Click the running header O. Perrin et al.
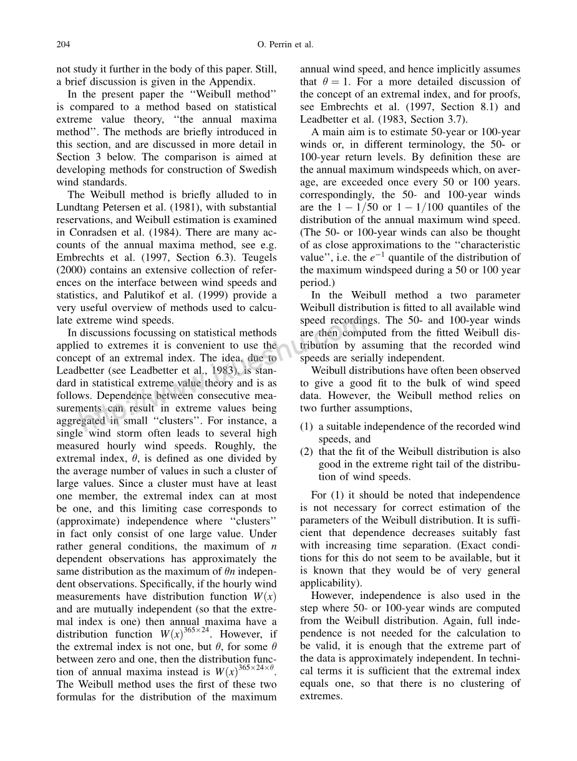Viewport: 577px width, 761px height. (285, 44)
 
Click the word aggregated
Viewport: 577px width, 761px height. (85, 421)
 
